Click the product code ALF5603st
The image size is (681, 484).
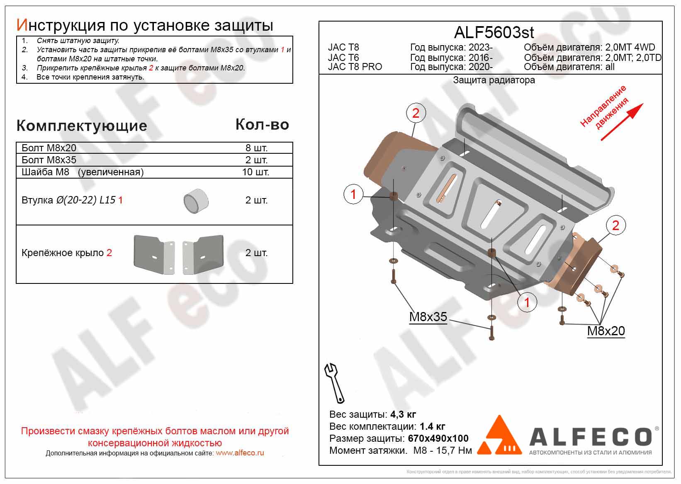pos(494,32)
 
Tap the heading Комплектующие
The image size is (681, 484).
pos(82,126)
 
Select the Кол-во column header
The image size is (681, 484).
pos(262,124)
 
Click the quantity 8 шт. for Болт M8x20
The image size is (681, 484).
pos(256,148)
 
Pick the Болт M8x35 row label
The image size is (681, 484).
pos(49,160)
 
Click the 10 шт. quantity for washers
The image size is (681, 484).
pos(255,172)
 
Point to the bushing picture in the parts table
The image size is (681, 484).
pos(196,201)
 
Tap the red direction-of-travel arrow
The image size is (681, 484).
pos(622,122)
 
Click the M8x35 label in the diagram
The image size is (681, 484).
pos(428,317)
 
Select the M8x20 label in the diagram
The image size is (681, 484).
pos(606,331)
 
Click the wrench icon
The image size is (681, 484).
pos(335,383)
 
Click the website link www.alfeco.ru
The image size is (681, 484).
pos(240,453)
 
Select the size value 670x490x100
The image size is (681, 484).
pos(438,438)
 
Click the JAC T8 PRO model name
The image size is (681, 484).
pos(355,67)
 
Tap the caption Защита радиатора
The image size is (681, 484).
pos(494,80)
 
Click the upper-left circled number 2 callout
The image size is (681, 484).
pos(416,113)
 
